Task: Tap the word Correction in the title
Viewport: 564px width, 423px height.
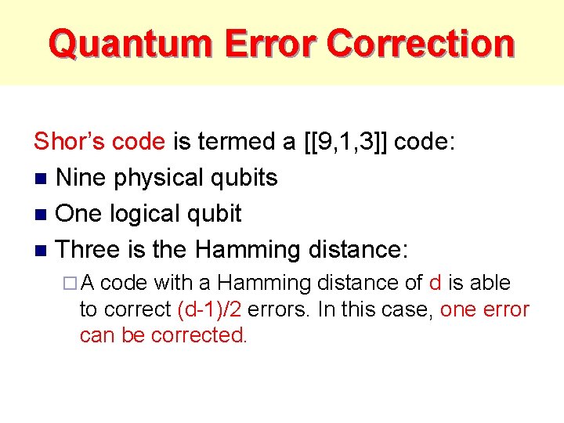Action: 421,43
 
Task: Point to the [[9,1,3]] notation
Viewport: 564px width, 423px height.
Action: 345,142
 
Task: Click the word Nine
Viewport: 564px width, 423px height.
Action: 82,178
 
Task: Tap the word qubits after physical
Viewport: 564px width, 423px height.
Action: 248,179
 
